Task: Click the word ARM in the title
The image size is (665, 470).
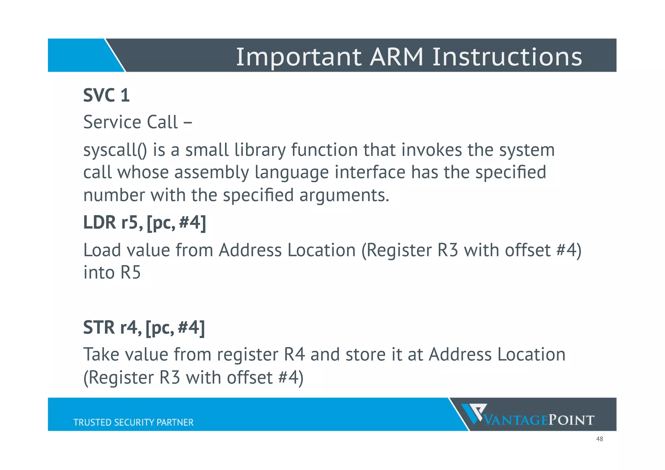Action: (396, 57)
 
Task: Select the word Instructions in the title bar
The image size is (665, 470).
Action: (507, 57)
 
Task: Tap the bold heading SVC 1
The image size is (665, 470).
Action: (107, 95)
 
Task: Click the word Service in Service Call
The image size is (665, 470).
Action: (112, 122)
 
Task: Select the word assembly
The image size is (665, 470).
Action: (212, 173)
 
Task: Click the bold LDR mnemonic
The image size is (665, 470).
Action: (99, 223)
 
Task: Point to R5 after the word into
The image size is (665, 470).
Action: (131, 273)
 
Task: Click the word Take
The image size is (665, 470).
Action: (101, 355)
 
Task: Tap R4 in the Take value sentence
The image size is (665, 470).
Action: (294, 355)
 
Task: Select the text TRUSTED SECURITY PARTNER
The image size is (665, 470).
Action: (133, 422)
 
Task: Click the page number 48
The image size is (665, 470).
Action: (599, 439)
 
